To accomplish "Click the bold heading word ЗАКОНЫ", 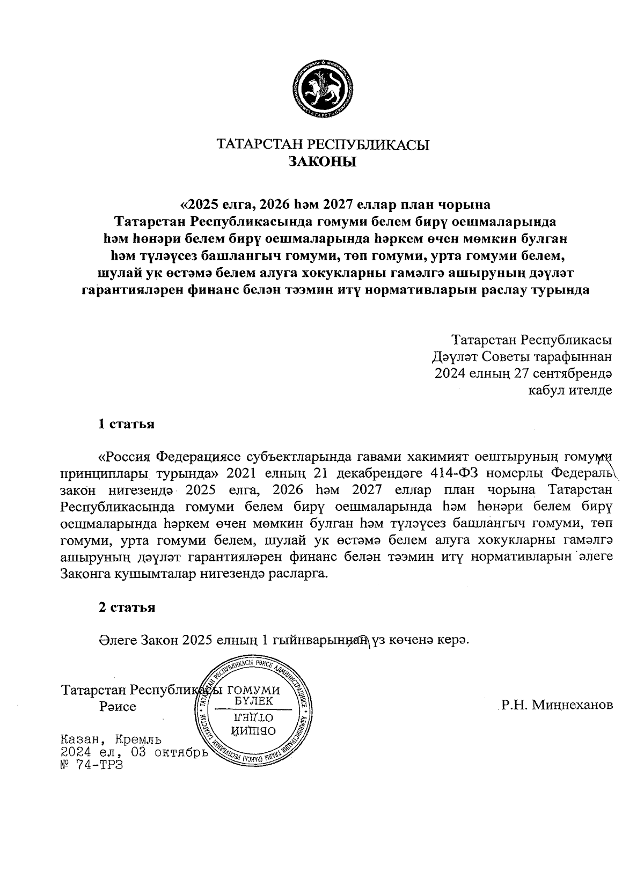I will [x=323, y=162].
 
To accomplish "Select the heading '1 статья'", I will [x=127, y=424].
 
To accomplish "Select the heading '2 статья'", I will [x=127, y=607].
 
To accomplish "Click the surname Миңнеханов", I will [x=572, y=705].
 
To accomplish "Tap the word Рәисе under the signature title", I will [x=118, y=706].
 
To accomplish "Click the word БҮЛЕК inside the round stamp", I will [x=254, y=701].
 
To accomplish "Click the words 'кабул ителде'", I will [x=570, y=390].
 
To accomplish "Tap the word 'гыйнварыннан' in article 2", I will [x=319, y=641].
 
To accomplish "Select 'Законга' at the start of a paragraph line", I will [x=86, y=574].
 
